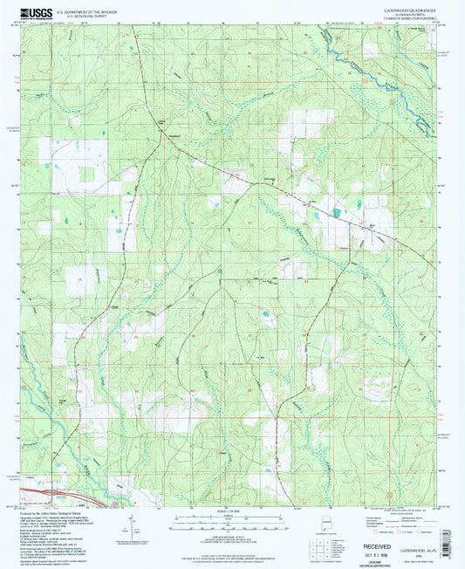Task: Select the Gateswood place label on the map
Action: click(174, 135)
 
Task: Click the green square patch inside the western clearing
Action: click(87, 175)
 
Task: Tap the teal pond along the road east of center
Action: click(336, 212)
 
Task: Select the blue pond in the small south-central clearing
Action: click(263, 314)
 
